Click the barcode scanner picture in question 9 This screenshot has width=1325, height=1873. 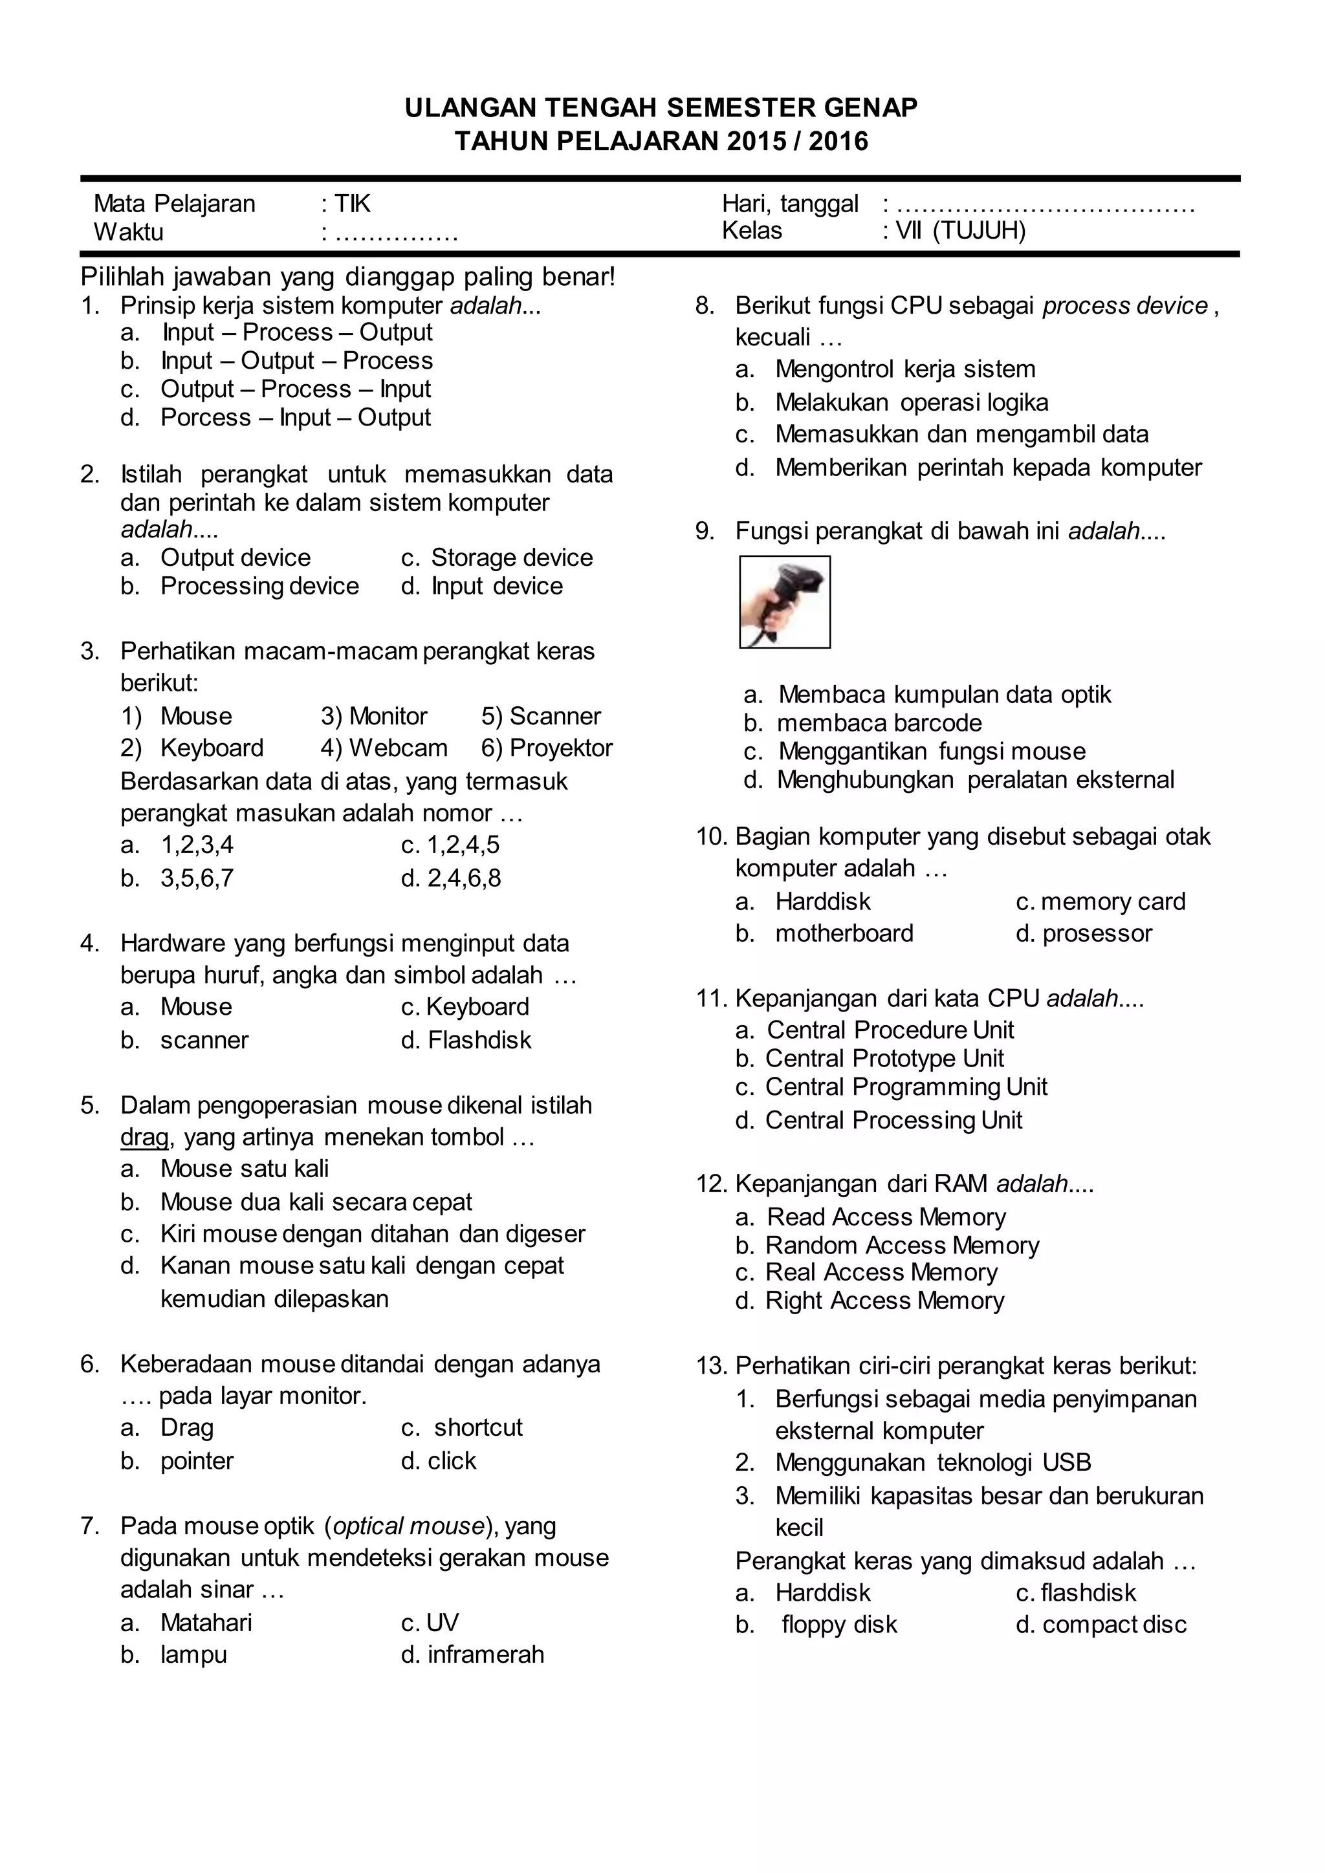coord(784,602)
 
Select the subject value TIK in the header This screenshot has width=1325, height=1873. coord(353,203)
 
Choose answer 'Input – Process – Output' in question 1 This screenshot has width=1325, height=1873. coord(297,333)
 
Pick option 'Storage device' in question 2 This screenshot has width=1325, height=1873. coord(512,558)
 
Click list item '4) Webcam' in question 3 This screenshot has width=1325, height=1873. coord(384,748)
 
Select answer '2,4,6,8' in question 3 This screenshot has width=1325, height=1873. coord(463,878)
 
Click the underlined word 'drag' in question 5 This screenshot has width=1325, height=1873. coord(144,1137)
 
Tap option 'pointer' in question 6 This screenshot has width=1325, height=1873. coord(197,1461)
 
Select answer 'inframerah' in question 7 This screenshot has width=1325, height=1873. coord(485,1654)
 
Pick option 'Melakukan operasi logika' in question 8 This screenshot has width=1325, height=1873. coord(912,403)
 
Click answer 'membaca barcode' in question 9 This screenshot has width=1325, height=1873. coord(879,724)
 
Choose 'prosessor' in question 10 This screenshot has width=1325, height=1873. coord(1097,934)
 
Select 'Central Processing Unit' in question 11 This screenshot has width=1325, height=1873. coord(893,1121)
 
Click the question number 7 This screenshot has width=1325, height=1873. coord(90,1526)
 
